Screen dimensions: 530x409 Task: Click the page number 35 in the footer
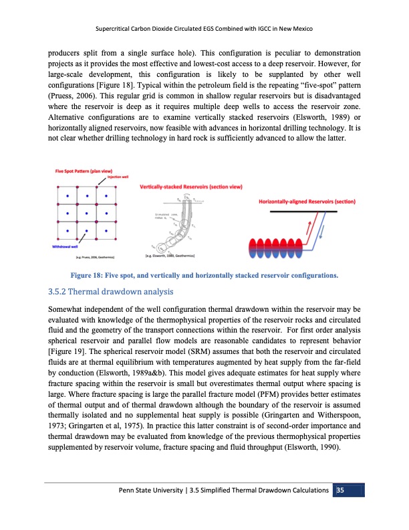pyautogui.click(x=340, y=491)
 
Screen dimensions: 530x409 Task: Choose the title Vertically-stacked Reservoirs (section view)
pyautogui.click(x=190, y=186)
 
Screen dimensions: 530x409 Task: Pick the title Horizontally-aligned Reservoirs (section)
pyautogui.click(x=307, y=201)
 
